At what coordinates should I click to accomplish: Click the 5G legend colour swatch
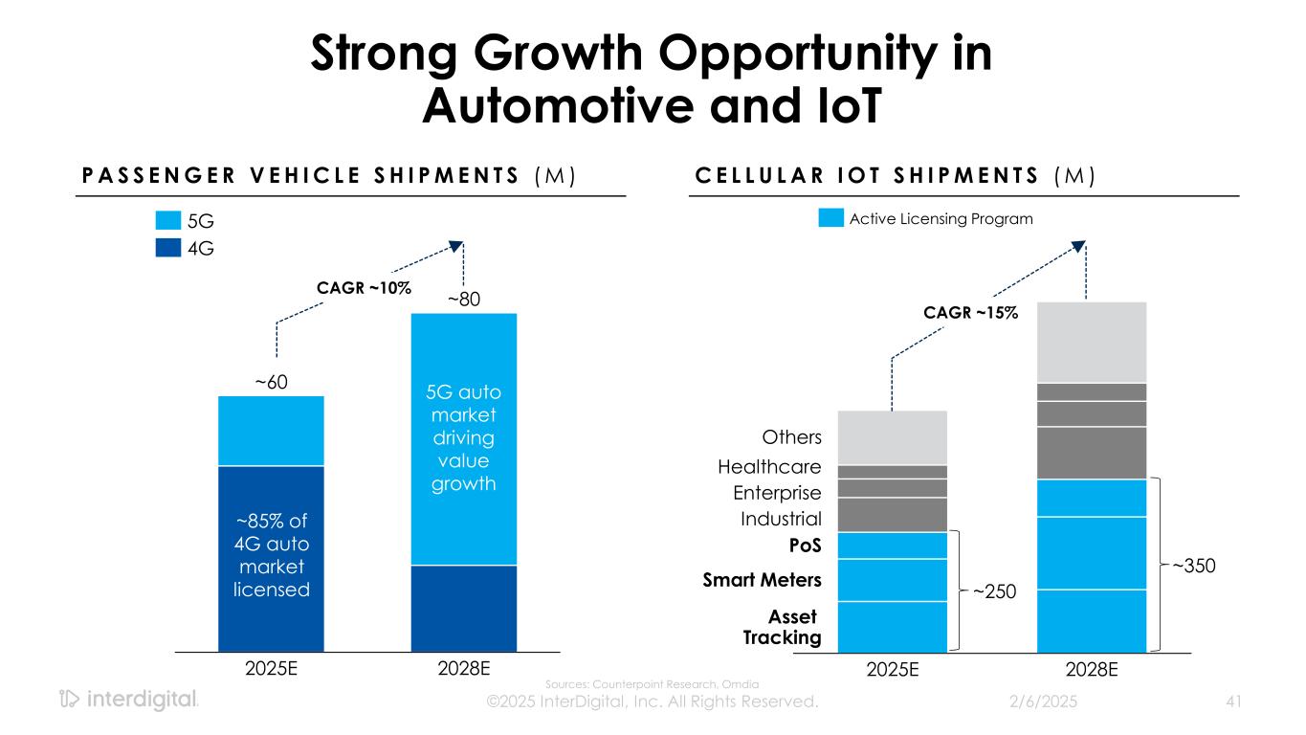tap(167, 221)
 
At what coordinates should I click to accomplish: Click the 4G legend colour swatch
tap(167, 248)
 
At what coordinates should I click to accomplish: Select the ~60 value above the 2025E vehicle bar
tap(271, 382)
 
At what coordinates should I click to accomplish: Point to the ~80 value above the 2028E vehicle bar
tap(463, 301)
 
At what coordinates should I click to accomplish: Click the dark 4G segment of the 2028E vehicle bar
tap(463, 608)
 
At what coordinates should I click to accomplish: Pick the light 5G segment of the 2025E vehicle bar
tap(271, 431)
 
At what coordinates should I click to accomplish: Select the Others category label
tap(791, 437)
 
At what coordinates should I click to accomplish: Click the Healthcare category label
tap(769, 467)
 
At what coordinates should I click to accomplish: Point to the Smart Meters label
tap(764, 579)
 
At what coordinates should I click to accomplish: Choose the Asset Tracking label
tap(782, 628)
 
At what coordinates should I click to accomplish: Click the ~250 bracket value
tap(996, 593)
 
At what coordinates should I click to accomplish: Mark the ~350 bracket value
tap(1193, 566)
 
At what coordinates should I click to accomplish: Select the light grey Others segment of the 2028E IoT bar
tap(1091, 342)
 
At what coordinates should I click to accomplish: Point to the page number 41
tap(1232, 702)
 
